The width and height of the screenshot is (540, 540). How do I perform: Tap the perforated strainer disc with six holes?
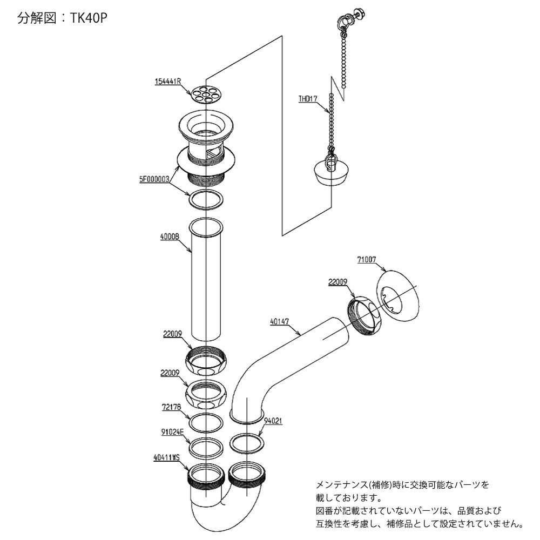pos(207,94)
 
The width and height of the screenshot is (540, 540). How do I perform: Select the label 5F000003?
pos(154,178)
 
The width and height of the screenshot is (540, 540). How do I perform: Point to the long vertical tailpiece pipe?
pos(208,281)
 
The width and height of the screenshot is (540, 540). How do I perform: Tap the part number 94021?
pos(273,419)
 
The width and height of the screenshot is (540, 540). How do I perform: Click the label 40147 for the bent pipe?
pos(280,321)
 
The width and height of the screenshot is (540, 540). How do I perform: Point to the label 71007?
pos(367,260)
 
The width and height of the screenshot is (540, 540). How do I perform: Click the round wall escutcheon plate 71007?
pos(398,294)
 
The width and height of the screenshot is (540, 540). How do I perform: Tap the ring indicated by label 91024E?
pos(206,447)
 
